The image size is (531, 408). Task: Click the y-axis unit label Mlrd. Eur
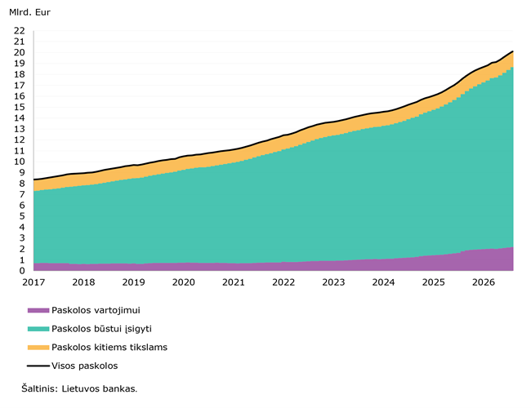29,12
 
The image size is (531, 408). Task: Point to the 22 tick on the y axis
20,31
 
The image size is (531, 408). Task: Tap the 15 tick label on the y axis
20,107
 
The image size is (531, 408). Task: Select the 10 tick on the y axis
20,162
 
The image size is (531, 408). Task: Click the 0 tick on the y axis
22,271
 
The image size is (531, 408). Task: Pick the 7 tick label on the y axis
22,194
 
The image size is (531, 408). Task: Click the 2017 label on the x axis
33,282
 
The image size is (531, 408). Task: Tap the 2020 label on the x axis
184,282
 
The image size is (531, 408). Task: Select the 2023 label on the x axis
333,282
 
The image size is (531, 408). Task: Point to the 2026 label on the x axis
484,282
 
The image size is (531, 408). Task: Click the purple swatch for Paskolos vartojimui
38,310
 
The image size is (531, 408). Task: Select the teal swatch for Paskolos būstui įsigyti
38,329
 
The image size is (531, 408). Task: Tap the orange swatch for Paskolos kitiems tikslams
38,348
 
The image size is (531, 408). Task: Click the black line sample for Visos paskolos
38,366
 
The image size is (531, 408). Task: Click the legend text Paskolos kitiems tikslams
109,348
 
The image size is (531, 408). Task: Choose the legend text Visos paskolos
85,366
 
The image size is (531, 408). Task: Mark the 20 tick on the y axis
20,52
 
